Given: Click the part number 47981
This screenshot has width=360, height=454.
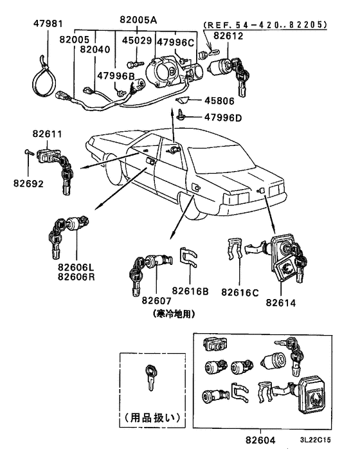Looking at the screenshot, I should tap(48, 24).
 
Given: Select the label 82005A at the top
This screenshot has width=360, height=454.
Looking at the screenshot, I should tap(138, 20).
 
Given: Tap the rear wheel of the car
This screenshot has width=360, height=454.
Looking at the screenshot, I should tap(191, 206).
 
